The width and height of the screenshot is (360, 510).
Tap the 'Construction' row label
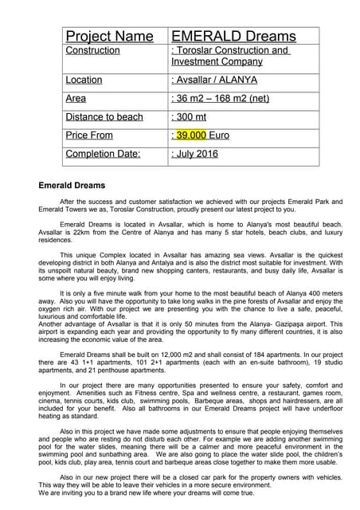coord(92,50)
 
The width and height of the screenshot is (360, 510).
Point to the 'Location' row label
coord(84,80)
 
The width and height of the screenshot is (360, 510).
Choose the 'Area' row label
coord(76,98)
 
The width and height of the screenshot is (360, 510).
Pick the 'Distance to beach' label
coord(104,117)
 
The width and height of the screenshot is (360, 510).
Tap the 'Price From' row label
coord(89,135)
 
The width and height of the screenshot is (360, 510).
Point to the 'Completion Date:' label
coord(103,154)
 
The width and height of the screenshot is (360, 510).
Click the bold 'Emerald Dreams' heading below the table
coord(72,186)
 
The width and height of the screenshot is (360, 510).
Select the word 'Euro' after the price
coord(218,135)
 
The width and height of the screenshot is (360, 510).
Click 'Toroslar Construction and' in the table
coord(231,50)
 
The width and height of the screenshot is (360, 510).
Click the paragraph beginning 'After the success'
coord(179,205)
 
